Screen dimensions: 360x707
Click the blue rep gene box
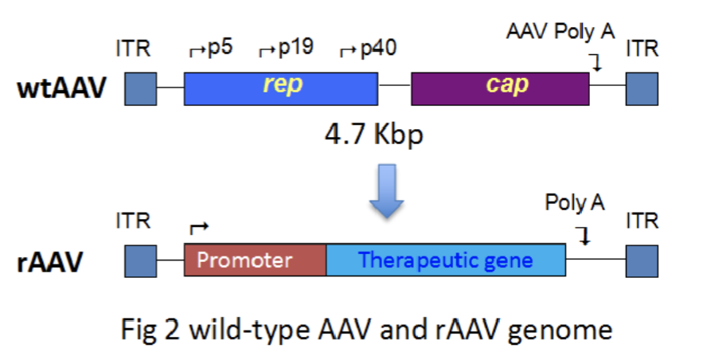281,88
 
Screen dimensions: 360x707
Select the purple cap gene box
500,88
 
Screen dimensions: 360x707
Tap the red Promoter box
255,260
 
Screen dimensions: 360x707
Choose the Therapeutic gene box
446,260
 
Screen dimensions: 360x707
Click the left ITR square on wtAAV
140,88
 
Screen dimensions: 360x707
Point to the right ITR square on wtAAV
642,88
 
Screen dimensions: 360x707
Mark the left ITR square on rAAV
140,260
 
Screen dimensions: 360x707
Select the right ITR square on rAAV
642,260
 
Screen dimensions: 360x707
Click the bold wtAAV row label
61,88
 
